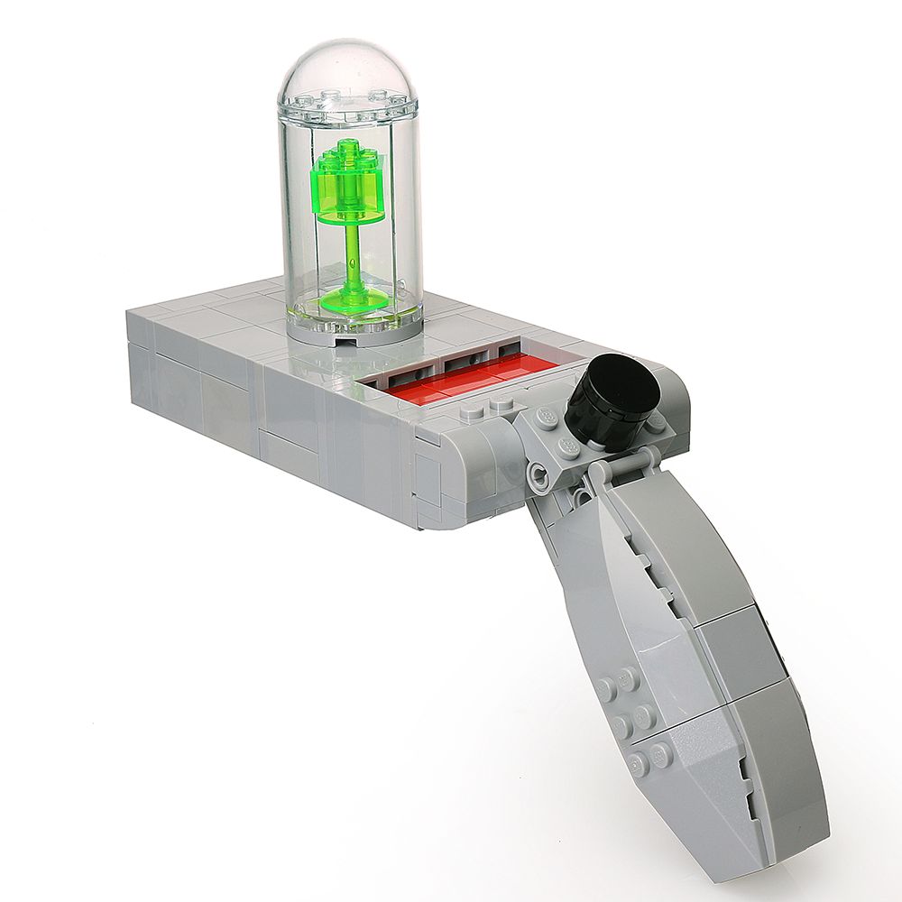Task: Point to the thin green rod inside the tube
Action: (353, 253)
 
